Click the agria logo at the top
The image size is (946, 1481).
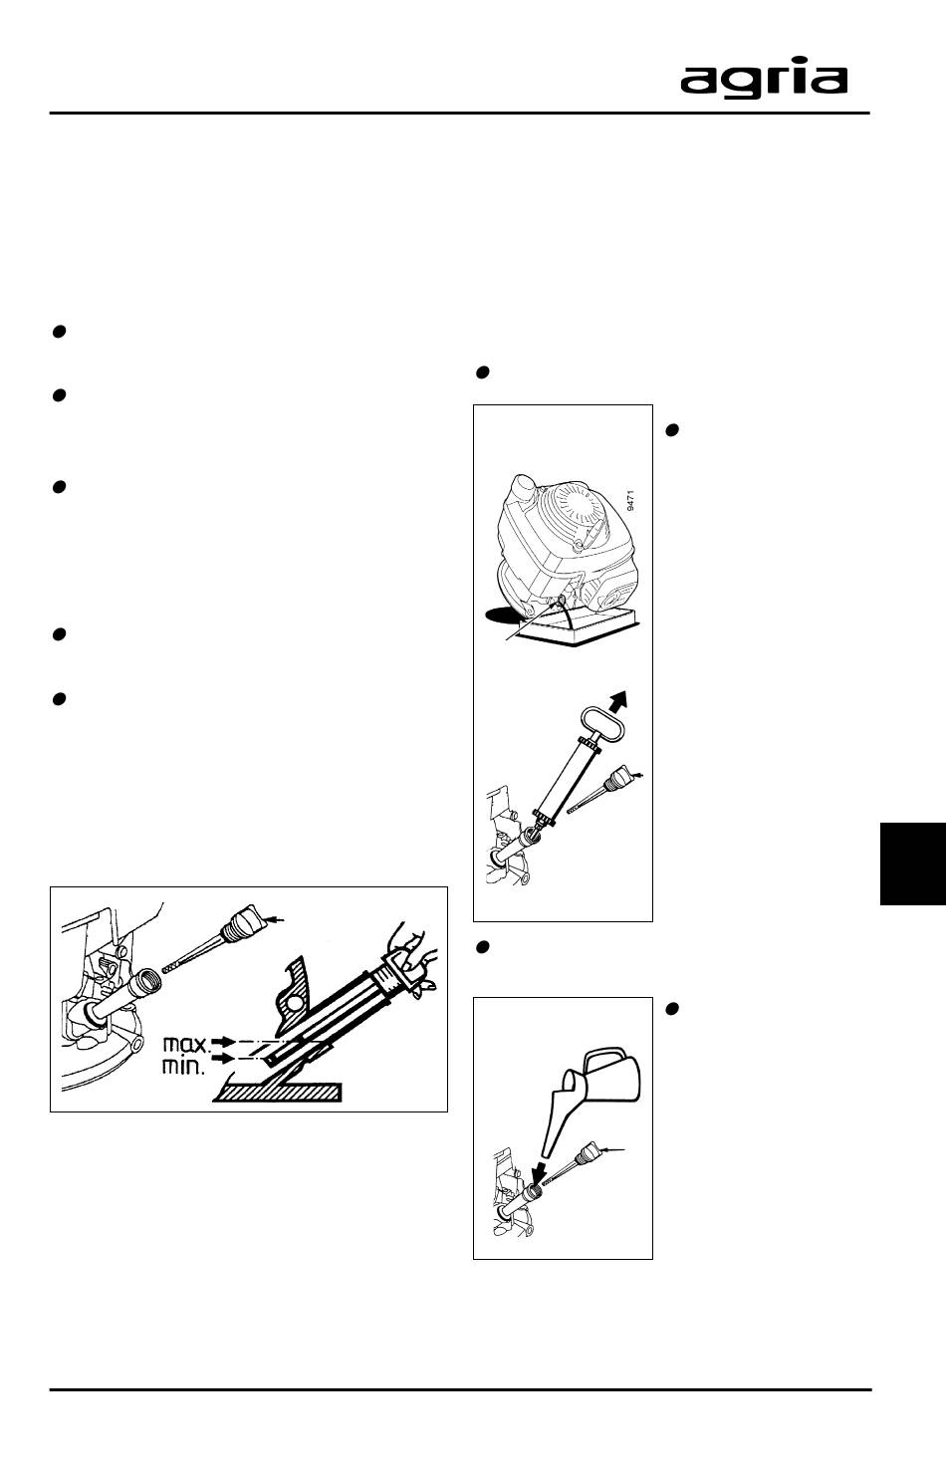tap(764, 80)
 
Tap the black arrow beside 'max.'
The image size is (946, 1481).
tap(225, 1041)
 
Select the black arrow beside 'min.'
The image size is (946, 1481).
tap(225, 1059)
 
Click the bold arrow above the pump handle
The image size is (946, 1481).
tap(618, 698)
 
